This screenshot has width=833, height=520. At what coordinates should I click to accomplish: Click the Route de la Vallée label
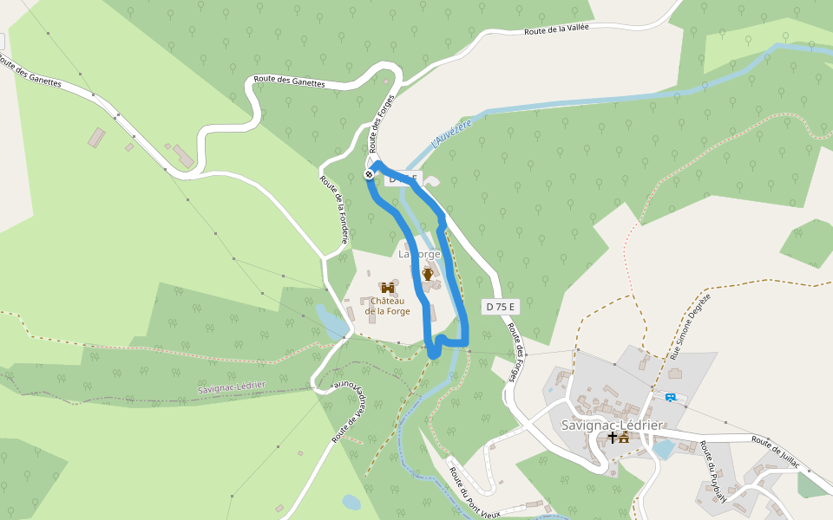[556, 30]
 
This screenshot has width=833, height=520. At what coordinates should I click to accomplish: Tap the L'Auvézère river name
[452, 133]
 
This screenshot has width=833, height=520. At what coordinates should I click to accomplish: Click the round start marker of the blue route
[369, 175]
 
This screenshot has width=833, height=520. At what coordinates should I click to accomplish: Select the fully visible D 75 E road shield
[500, 307]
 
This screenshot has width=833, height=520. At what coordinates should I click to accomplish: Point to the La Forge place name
[419, 254]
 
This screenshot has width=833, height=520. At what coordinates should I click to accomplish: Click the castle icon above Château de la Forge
[387, 287]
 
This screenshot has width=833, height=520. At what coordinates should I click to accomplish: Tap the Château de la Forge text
[387, 306]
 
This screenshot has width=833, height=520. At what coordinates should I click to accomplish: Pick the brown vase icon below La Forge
[427, 274]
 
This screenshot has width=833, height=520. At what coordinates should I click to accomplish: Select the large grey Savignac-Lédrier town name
[612, 426]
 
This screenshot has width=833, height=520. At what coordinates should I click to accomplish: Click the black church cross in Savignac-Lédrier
[613, 439]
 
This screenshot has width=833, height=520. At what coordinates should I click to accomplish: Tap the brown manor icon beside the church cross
[624, 439]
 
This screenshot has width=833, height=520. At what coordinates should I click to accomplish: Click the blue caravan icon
[670, 397]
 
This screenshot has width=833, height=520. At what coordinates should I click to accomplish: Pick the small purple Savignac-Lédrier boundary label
[231, 387]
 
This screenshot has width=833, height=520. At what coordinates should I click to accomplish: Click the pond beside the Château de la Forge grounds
[331, 321]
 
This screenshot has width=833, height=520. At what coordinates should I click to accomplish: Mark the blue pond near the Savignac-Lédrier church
[663, 449]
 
